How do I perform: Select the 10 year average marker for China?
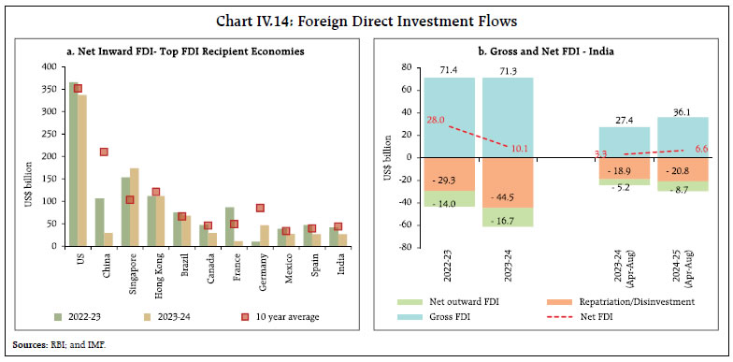(105, 152)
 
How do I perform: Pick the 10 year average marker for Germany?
(261, 208)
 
